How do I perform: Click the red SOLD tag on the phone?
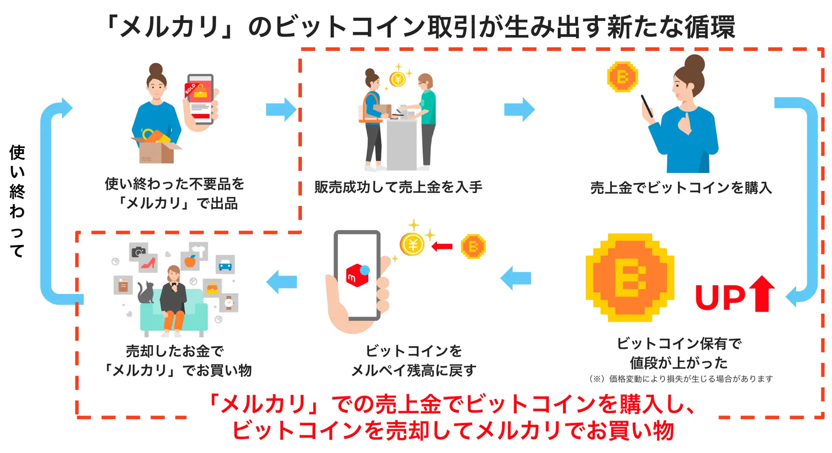[191, 89]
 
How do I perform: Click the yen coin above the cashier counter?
[398, 79]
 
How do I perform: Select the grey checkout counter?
[401, 143]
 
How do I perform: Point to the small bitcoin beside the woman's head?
[623, 77]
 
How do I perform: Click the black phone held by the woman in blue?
[647, 106]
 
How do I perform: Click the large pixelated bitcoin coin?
[630, 277]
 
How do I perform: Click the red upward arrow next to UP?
[762, 294]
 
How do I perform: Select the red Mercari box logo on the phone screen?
[357, 276]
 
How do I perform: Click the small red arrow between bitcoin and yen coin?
[442, 246]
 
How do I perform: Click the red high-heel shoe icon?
[148, 263]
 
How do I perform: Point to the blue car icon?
[225, 265]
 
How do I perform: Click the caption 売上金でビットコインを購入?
[681, 188]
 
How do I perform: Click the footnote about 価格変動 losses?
[681, 378]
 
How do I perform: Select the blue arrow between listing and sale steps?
[281, 110]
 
